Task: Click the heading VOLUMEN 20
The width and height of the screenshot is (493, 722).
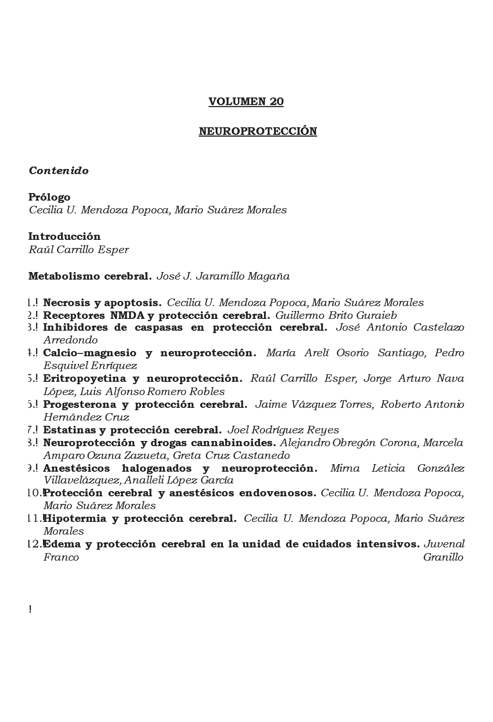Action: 246,102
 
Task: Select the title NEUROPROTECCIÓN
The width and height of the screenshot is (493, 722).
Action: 258,131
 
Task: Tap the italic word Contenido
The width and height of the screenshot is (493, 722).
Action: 59,171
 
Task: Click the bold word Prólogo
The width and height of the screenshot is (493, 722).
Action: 49,197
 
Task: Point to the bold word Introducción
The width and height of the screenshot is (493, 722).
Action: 64,237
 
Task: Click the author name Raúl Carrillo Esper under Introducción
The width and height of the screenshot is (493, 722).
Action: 79,250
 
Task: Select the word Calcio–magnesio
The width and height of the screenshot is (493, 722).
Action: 89,353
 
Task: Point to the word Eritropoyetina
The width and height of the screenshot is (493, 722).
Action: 85,379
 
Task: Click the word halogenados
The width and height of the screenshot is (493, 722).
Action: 156,468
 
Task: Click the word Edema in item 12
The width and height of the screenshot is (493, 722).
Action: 61,544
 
